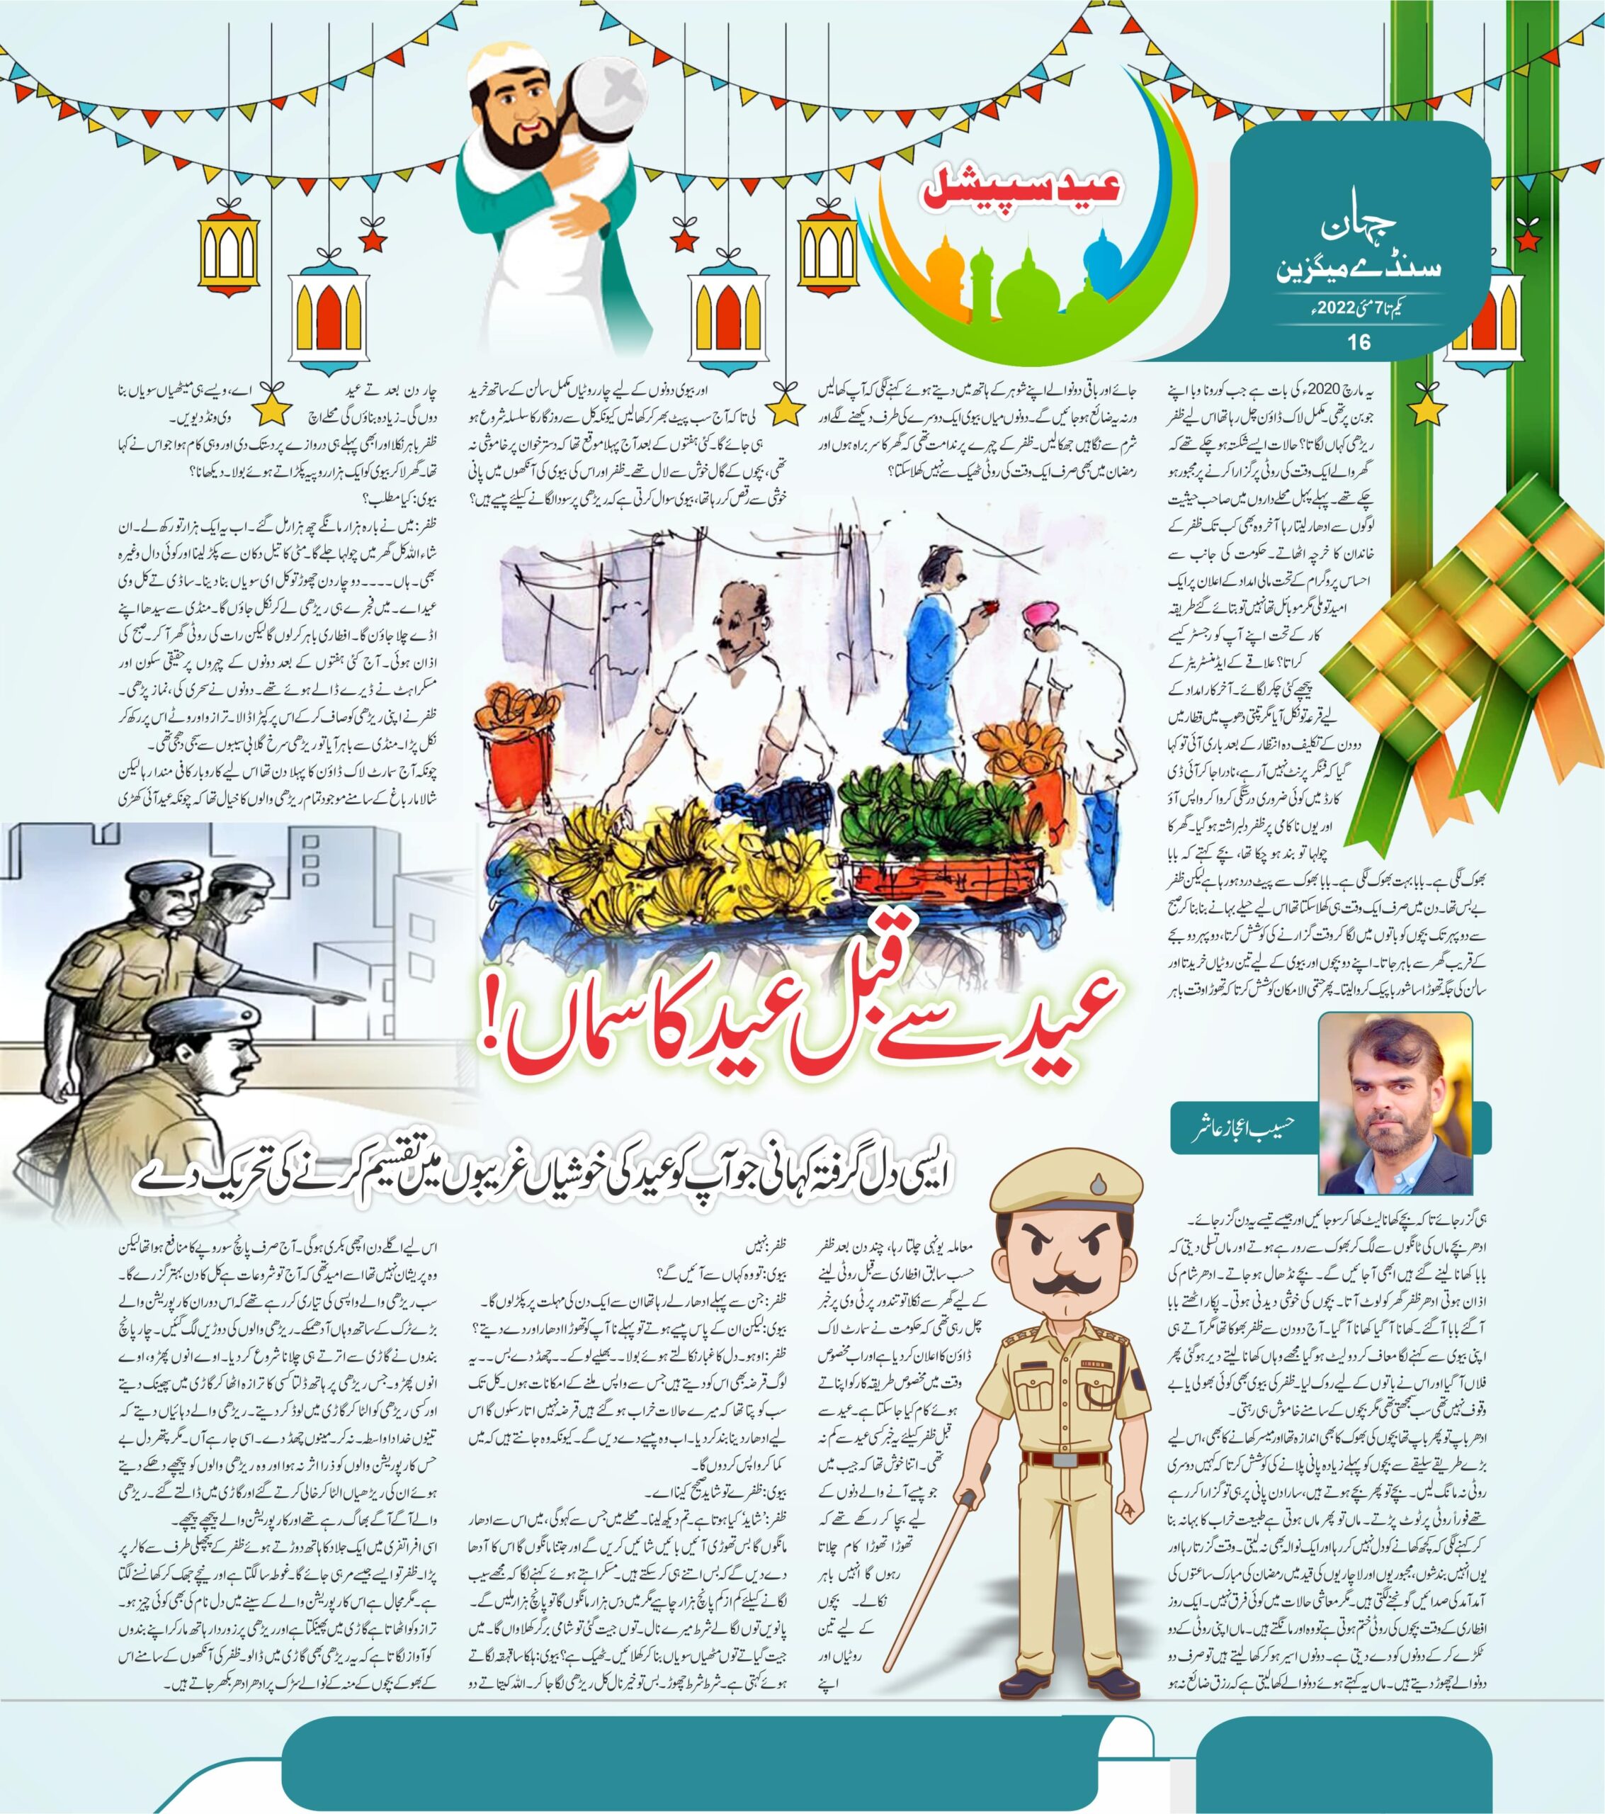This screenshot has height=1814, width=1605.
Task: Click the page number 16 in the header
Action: [x=1359, y=342]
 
